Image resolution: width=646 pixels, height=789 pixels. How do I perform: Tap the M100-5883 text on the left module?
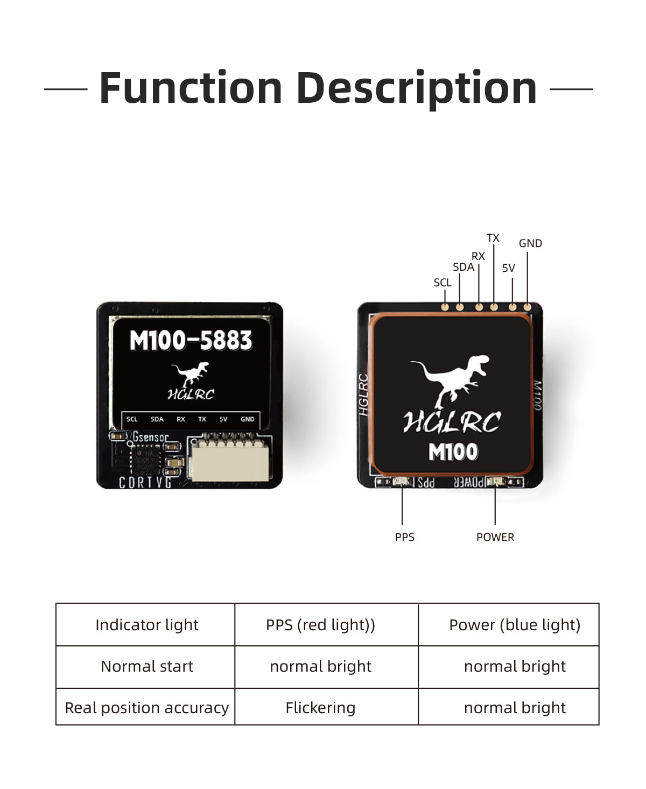[191, 341]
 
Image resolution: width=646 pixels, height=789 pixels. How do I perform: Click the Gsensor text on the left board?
[150, 438]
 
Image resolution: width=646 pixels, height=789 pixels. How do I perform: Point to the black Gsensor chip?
[145, 461]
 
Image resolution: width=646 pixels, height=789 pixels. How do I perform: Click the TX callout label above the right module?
[493, 238]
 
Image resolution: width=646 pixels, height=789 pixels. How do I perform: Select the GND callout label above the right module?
[530, 243]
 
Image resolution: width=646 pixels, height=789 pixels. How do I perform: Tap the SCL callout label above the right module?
[443, 283]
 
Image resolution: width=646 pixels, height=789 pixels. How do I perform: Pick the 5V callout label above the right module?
[508, 268]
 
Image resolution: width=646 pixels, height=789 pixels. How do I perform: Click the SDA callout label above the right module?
[463, 267]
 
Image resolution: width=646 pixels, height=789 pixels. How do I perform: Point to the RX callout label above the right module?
[478, 256]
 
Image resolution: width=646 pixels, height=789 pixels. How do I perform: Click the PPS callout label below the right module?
[404, 537]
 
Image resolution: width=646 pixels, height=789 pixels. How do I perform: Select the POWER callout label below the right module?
[495, 537]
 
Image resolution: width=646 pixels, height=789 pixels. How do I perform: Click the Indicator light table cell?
[146, 625]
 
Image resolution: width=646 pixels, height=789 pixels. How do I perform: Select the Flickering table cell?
[320, 708]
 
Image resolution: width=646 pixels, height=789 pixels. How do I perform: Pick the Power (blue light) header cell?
[515, 625]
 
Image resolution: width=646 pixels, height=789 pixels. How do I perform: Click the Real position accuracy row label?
[146, 708]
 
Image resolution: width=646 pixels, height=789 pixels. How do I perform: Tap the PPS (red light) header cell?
[320, 625]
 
